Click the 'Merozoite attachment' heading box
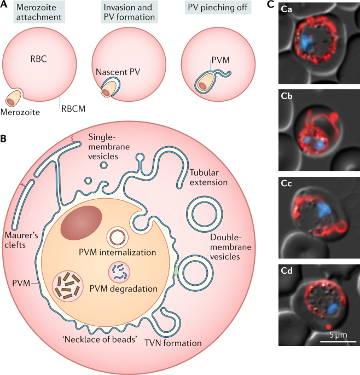click(39, 12)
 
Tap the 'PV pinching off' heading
click(218, 8)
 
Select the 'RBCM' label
click(73, 109)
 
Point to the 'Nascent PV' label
click(118, 72)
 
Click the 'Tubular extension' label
click(208, 177)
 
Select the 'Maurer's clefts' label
click(21, 240)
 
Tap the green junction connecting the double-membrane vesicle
click(176, 271)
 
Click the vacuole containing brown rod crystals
click(68, 286)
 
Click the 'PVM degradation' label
click(123, 289)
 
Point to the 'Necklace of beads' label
click(101, 339)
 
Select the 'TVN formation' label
click(173, 343)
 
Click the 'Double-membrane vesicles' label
click(231, 247)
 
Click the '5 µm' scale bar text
click(338, 334)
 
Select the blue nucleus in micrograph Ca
click(306, 43)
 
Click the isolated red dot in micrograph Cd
click(329, 326)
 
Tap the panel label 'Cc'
click(286, 184)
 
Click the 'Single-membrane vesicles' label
click(109, 147)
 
